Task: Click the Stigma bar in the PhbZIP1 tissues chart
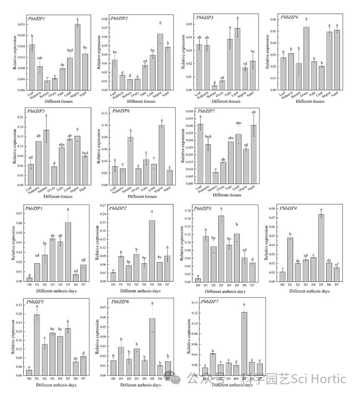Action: [77, 57]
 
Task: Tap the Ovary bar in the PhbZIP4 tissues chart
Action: [306, 58]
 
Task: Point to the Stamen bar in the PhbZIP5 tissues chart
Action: [47, 157]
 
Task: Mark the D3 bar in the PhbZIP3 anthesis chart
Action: [221, 248]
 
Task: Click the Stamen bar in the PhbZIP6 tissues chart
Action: [131, 160]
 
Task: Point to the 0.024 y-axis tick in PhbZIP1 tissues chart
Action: [20, 25]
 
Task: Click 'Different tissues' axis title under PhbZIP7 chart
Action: [223, 195]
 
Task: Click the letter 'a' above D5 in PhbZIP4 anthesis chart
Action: [321, 210]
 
